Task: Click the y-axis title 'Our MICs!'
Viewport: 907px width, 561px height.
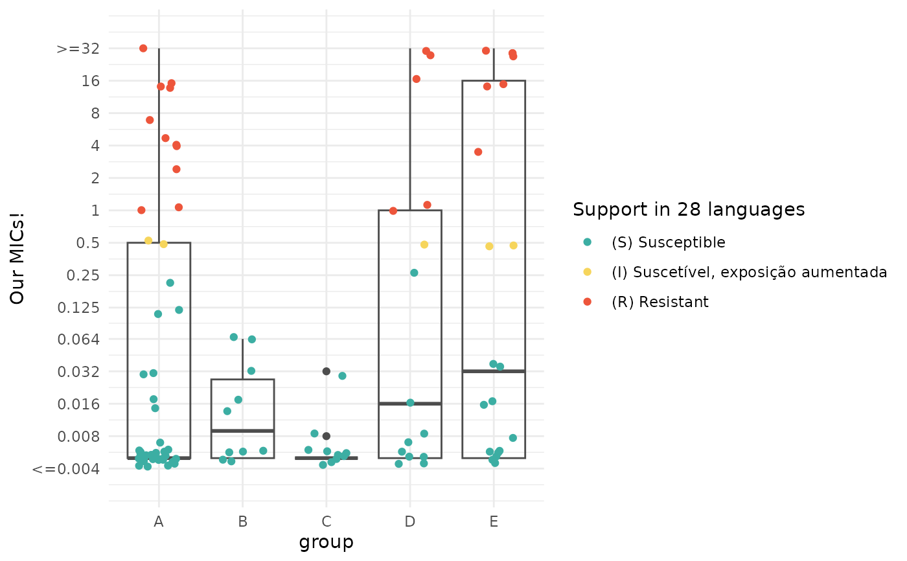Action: [17, 258]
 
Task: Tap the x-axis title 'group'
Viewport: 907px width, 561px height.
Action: [326, 542]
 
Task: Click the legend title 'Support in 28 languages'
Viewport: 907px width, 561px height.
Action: [689, 210]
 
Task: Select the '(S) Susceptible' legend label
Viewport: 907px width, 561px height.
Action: [668, 242]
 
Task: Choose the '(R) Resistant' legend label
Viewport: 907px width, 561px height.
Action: [660, 302]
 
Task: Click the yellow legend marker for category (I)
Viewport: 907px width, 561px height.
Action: [588, 272]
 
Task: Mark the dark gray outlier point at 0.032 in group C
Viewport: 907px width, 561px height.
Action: [327, 371]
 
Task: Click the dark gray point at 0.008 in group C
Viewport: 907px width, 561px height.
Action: [327, 436]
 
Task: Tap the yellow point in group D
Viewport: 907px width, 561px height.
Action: [424, 244]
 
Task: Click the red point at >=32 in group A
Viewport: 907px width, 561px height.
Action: [143, 49]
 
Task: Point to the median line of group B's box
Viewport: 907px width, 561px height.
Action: [242, 431]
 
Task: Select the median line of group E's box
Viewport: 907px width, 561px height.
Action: [494, 371]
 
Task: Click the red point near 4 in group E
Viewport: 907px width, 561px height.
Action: [478, 152]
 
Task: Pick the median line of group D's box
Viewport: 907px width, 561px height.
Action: [409, 404]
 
